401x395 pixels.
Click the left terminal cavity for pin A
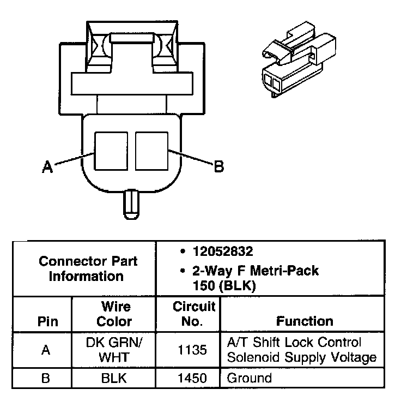click(x=111, y=151)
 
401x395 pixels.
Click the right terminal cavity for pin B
click(x=151, y=151)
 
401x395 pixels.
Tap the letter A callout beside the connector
click(x=47, y=167)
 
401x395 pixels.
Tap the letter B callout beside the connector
click(x=219, y=166)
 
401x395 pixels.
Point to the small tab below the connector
click(x=131, y=205)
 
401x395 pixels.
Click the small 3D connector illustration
click(x=299, y=59)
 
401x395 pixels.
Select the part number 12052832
click(x=223, y=252)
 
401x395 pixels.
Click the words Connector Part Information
click(x=88, y=269)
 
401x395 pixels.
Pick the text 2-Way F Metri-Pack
click(x=256, y=271)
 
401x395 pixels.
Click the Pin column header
click(x=48, y=321)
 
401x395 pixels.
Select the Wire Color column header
click(x=114, y=314)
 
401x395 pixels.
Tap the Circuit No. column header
click(x=194, y=314)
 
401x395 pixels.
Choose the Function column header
click(x=305, y=321)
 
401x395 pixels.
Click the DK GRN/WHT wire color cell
click(x=114, y=350)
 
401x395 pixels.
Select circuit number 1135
click(x=192, y=350)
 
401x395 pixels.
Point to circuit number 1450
click(x=192, y=378)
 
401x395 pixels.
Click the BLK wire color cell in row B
click(x=114, y=378)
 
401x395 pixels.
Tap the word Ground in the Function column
click(x=250, y=378)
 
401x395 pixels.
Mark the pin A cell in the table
click(x=46, y=350)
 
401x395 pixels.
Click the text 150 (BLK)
click(x=224, y=286)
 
